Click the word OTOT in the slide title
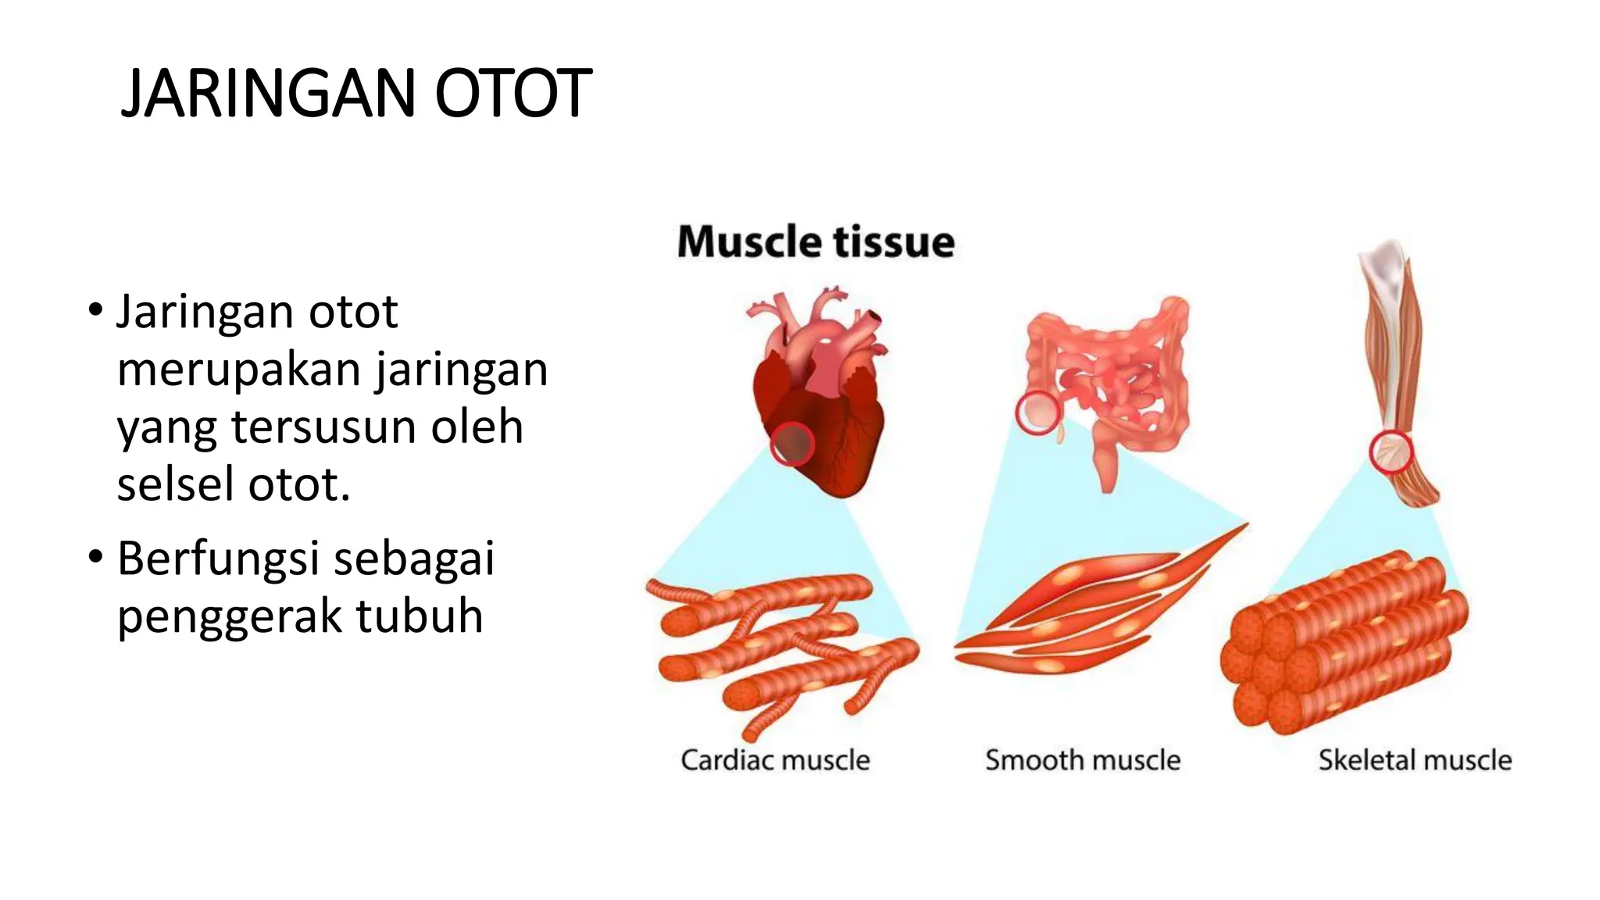tap(512, 94)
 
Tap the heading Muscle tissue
tap(816, 241)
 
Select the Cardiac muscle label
tap(775, 760)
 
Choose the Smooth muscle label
tap(1083, 760)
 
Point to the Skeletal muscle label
tap(1415, 760)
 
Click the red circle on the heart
tap(792, 444)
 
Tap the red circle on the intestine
tap(1037, 412)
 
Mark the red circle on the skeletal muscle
tap(1391, 452)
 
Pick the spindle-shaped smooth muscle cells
tap(1094, 609)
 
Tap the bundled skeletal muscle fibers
tap(1344, 641)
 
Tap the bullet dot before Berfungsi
tap(95, 558)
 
